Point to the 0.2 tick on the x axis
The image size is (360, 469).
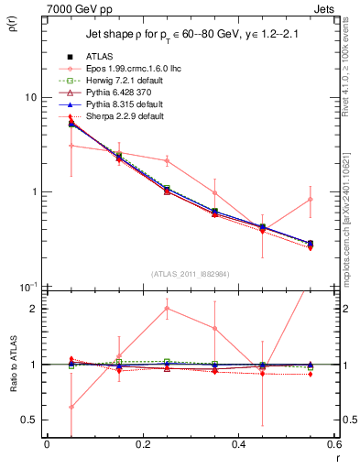pos(142,446)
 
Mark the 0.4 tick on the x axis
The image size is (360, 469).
pos(238,446)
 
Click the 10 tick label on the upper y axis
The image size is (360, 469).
pos(30,97)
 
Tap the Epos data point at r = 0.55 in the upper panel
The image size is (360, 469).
pos(311,199)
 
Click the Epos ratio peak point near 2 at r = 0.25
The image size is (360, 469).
pos(166,309)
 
